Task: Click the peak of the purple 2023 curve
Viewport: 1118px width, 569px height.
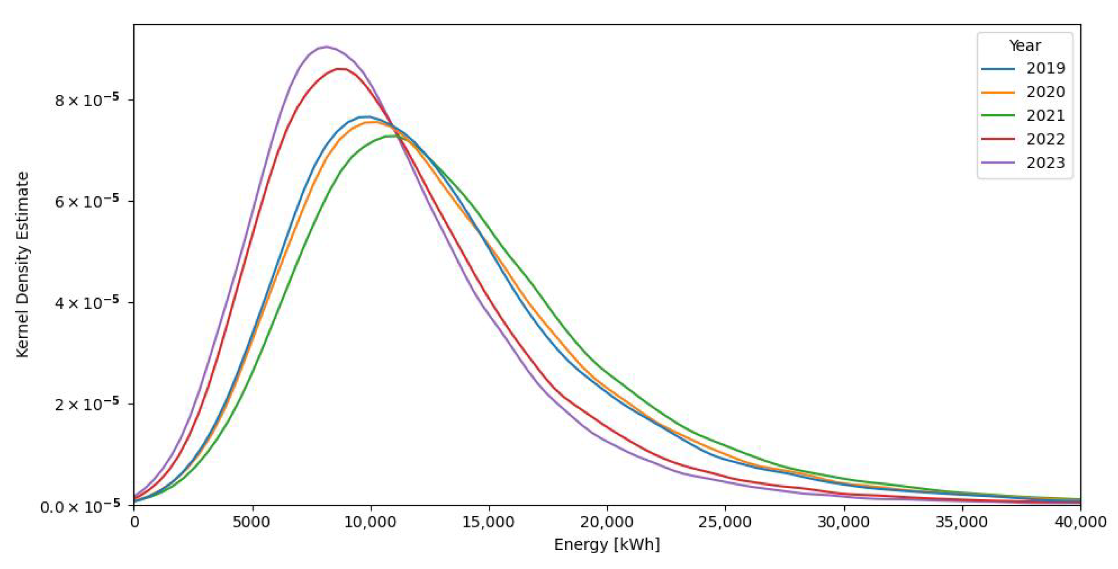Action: [327, 47]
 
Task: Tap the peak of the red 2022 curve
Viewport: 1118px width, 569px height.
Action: [341, 68]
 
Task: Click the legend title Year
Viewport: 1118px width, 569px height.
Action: [1024, 45]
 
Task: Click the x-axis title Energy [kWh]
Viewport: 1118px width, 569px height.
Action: [607, 545]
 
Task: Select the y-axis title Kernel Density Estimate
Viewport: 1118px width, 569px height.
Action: [23, 265]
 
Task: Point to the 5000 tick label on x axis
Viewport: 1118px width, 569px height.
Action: [252, 522]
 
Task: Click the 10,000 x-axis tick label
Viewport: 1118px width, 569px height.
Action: [370, 522]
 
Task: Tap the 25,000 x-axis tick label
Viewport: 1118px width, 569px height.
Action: [725, 522]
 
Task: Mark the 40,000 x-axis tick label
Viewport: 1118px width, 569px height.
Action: [1080, 522]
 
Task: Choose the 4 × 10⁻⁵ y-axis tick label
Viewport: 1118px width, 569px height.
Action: [87, 303]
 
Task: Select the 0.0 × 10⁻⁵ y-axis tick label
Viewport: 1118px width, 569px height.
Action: [80, 506]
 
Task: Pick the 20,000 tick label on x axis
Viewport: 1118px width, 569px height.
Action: [607, 522]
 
